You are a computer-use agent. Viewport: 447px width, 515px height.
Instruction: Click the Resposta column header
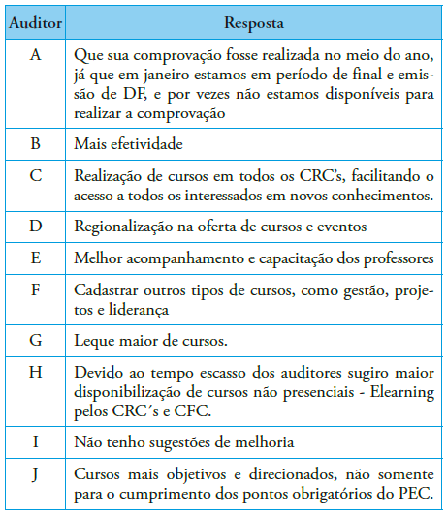click(254, 20)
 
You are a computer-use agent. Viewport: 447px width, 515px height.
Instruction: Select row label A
click(36, 55)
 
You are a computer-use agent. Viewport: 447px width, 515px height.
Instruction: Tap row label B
click(36, 143)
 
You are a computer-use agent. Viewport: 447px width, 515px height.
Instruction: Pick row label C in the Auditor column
click(36, 175)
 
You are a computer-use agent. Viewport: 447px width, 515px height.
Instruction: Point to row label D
click(36, 225)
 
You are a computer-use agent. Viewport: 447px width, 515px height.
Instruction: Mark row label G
click(36, 340)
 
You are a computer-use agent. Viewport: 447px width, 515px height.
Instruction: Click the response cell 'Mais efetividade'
click(129, 143)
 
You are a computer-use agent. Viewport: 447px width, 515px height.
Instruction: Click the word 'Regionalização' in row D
click(121, 225)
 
